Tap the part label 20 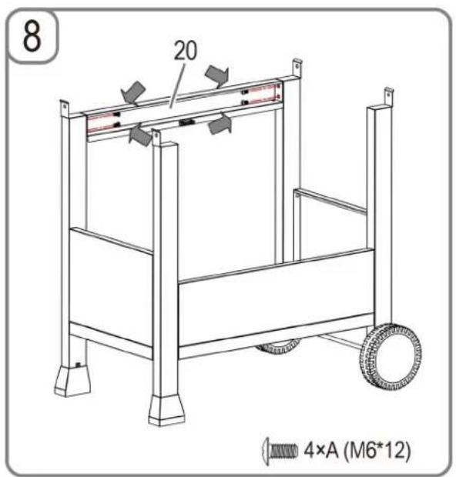click(x=186, y=51)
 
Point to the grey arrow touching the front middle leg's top click(x=141, y=134)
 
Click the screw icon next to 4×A click(x=280, y=451)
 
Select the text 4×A click(x=322, y=450)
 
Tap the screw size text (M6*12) click(x=377, y=451)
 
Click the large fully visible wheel click(x=391, y=356)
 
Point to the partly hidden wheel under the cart click(x=279, y=348)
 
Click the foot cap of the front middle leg click(x=166, y=410)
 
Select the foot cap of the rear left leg click(x=72, y=380)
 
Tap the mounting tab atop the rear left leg click(x=65, y=107)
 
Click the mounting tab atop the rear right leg click(x=297, y=68)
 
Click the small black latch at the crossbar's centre click(x=186, y=122)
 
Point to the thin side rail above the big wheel click(x=330, y=200)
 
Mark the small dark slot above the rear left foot click(x=79, y=364)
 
